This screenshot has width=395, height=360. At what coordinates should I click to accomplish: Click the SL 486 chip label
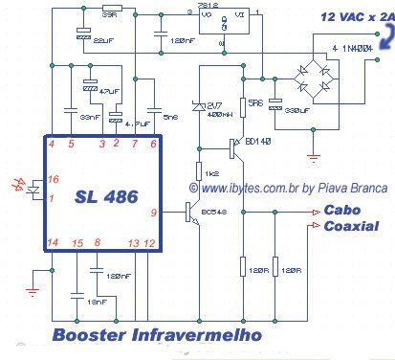click(x=102, y=196)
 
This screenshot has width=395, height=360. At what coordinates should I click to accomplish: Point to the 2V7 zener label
click(x=213, y=104)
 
